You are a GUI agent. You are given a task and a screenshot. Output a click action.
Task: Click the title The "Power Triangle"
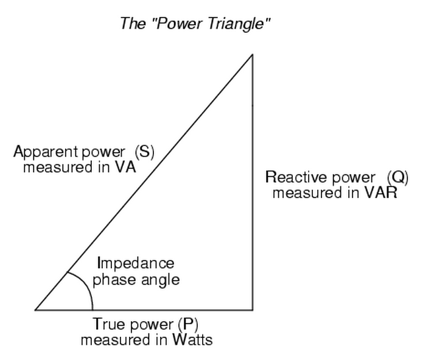tap(195, 24)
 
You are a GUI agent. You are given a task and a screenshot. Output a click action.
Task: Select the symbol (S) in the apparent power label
tap(144, 152)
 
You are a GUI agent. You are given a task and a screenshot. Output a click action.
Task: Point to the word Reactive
tap(293, 178)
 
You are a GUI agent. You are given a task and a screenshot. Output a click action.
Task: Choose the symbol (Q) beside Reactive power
tap(398, 178)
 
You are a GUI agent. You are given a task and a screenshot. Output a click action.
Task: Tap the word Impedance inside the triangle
tap(135, 264)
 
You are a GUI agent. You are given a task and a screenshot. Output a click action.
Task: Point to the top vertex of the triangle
tap(252, 55)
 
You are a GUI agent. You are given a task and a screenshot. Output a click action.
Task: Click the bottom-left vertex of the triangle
tap(35, 309)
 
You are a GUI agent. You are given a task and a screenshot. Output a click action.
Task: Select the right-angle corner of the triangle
tap(252, 309)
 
